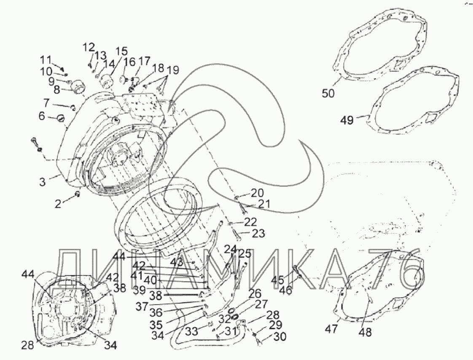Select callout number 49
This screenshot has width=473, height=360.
click(348, 121)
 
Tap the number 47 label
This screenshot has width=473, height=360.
click(332, 329)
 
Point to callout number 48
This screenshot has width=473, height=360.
click(365, 332)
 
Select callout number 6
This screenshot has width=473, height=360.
click(42, 117)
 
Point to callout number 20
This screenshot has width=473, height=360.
click(256, 193)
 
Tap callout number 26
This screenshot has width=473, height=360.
click(255, 293)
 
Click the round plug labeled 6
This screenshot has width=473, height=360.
click(60, 118)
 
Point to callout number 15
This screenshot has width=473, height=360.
click(121, 51)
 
